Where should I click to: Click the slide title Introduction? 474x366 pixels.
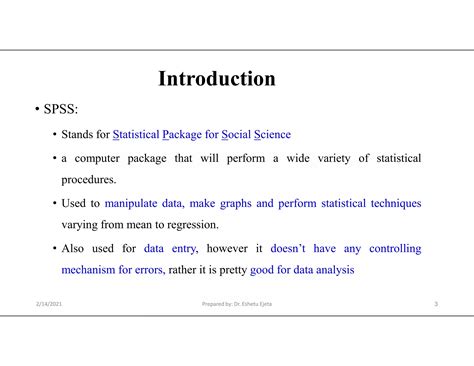click(217, 79)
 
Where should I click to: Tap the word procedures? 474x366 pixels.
click(89, 180)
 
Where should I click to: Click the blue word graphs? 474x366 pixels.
click(256, 204)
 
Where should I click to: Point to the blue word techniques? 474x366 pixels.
click(396, 204)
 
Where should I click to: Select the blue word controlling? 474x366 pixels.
click(395, 249)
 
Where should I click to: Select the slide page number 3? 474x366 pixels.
click(436, 304)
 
